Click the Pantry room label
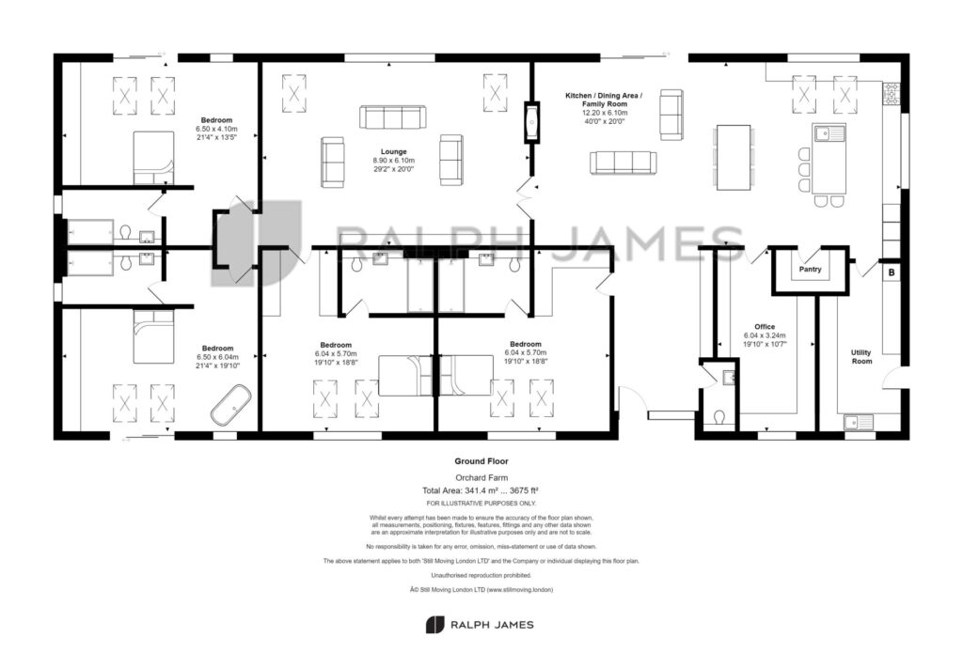coord(810,270)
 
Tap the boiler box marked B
coord(892,272)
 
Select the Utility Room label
coord(861,356)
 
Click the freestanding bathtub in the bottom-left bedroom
coord(229,410)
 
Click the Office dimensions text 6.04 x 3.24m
coord(765,335)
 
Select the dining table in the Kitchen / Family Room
coord(734,157)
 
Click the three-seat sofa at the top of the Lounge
coord(392,117)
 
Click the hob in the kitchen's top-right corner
coord(890,94)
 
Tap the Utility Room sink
coord(859,422)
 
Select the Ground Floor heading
coord(481,461)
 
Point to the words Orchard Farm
coord(481,478)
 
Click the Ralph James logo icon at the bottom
coord(434,625)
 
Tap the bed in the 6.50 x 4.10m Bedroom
coord(152,157)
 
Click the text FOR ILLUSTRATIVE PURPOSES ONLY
coord(481,504)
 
